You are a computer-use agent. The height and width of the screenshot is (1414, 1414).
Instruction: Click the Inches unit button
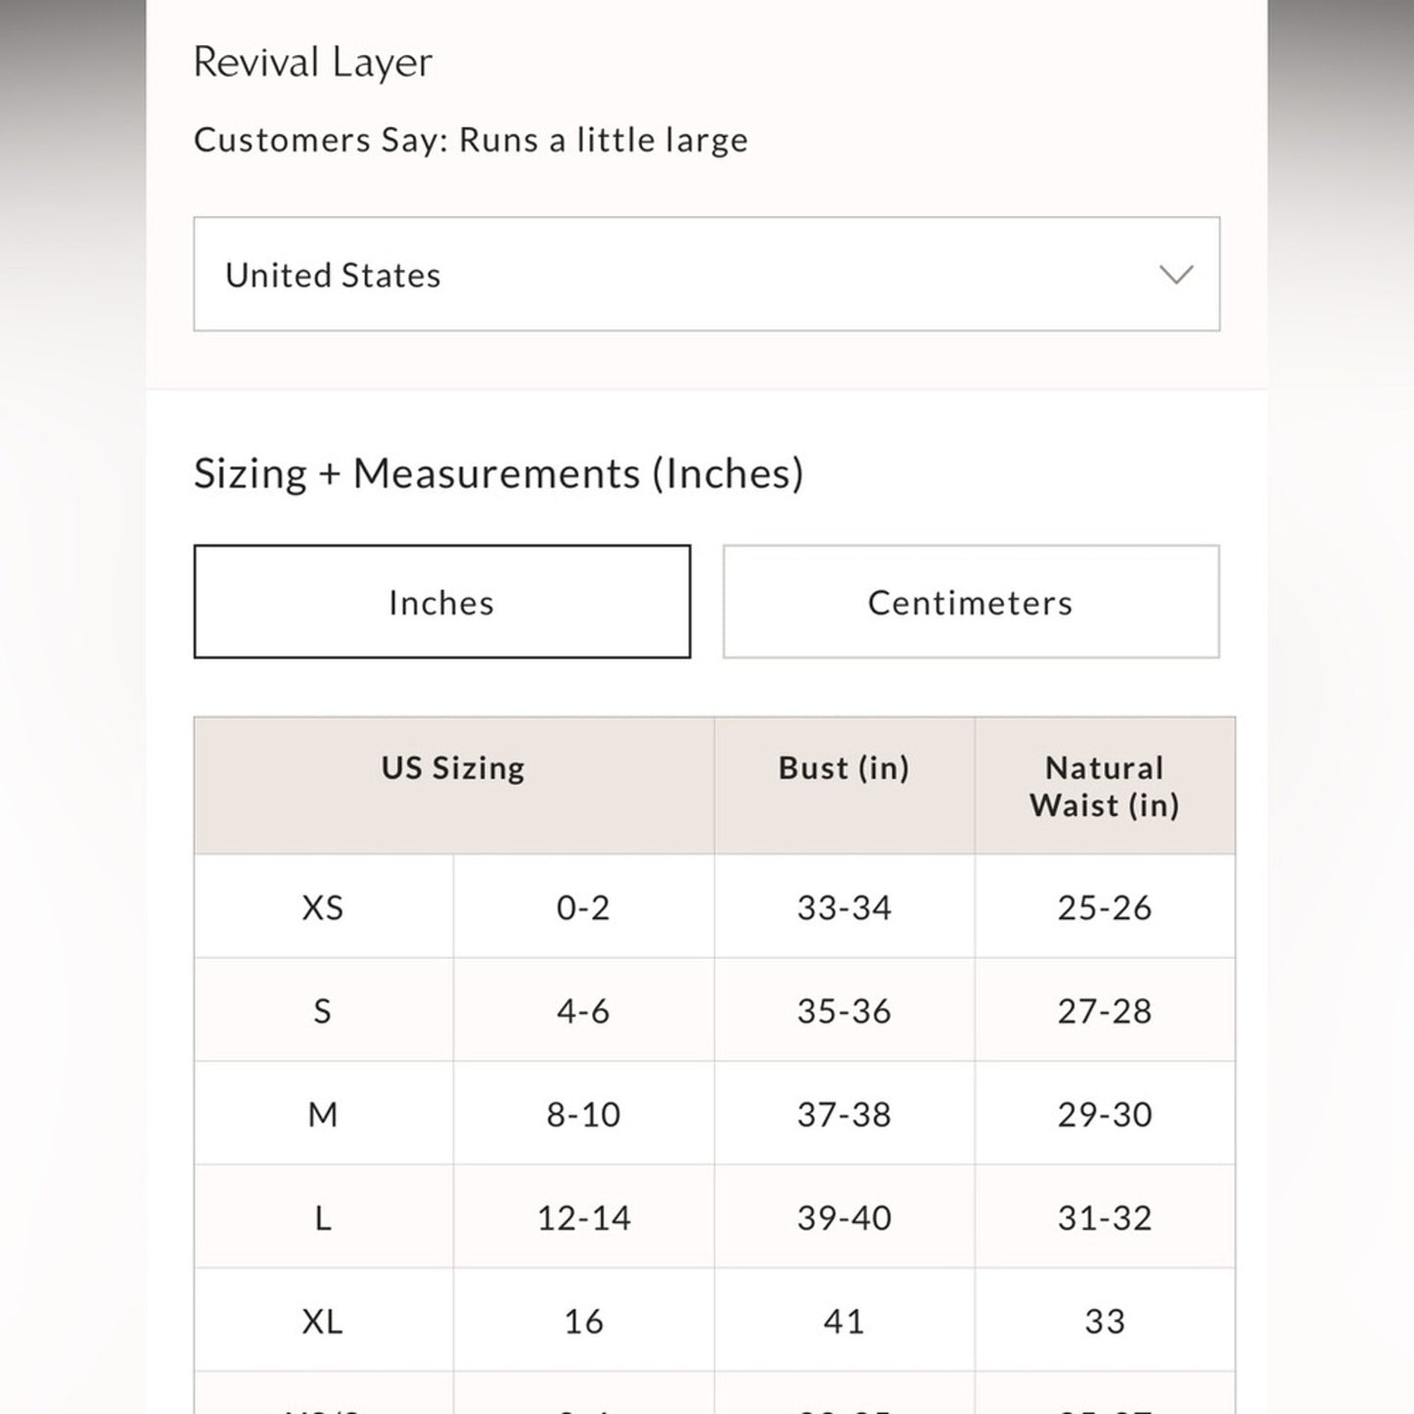[441, 602]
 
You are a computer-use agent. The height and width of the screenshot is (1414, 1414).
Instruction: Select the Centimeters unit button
[970, 602]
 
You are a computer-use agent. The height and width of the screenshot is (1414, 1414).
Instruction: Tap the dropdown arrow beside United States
[1175, 275]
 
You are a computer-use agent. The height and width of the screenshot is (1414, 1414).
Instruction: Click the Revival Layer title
[312, 63]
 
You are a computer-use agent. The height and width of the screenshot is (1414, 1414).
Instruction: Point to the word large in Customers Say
[706, 141]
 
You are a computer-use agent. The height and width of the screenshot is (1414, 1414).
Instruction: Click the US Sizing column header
[453, 768]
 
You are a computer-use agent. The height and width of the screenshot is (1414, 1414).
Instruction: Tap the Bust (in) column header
[844, 768]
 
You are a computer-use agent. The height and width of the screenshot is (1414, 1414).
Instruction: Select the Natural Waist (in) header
[1104, 786]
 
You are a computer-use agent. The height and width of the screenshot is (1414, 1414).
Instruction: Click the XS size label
[322, 908]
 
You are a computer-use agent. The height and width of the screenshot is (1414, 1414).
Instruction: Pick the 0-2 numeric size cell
[583, 908]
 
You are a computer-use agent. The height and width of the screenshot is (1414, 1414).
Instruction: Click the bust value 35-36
[844, 1011]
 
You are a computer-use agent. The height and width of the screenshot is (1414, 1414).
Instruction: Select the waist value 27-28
[1104, 1011]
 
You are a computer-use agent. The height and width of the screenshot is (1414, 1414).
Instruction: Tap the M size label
[322, 1115]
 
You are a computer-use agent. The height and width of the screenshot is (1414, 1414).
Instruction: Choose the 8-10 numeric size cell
[583, 1115]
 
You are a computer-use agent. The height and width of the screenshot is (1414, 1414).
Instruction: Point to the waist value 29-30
[1104, 1115]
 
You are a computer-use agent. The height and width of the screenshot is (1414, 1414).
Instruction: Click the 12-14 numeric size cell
[583, 1218]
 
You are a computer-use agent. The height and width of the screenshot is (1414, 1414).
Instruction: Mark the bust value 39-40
[844, 1218]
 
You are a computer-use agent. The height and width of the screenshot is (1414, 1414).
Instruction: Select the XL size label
[322, 1322]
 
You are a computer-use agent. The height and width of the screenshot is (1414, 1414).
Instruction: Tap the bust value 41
[844, 1322]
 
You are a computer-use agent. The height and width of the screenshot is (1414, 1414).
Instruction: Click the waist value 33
[1104, 1322]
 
